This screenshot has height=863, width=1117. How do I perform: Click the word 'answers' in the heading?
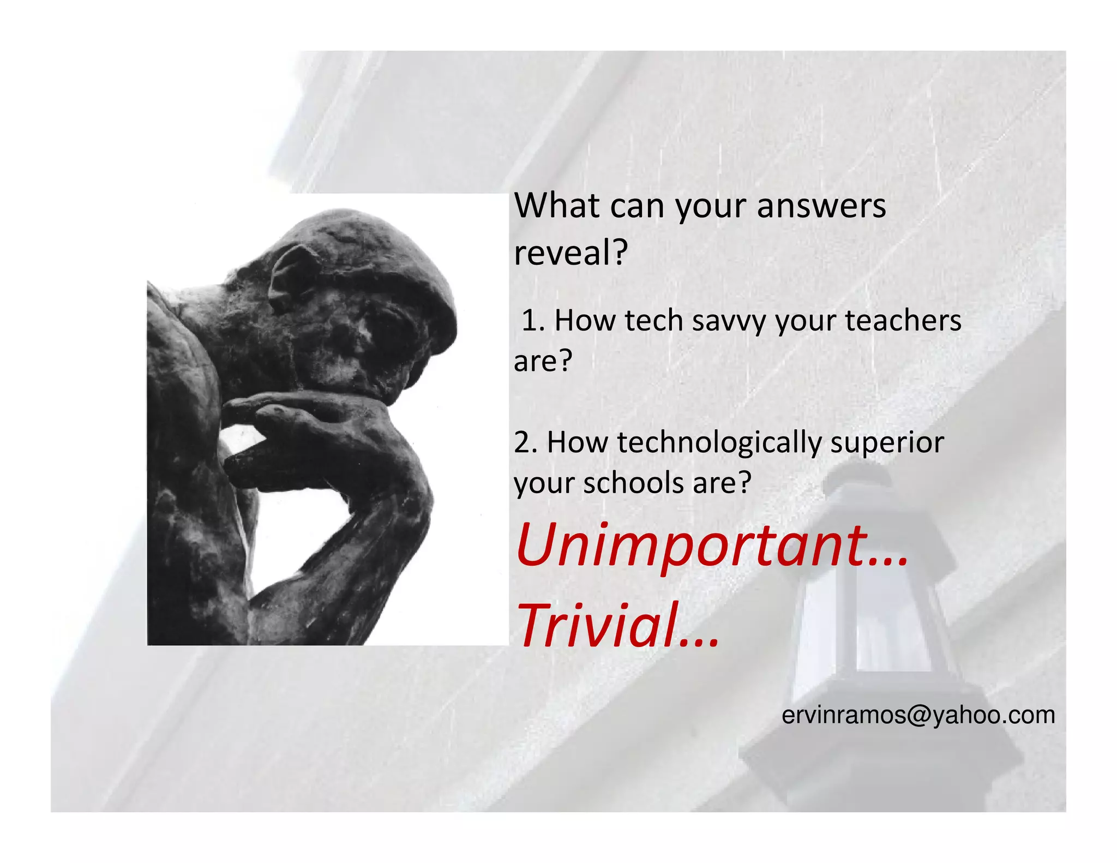point(821,206)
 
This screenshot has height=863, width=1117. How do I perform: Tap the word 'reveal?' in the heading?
point(571,253)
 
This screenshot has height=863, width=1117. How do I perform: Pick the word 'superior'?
point(887,442)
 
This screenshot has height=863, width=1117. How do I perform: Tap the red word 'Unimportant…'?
point(711,546)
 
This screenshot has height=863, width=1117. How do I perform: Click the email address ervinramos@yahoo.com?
point(918,715)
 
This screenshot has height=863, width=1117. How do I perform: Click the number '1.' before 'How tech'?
point(533,321)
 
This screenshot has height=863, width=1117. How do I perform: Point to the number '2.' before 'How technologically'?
point(526,442)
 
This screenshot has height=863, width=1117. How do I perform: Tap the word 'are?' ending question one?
point(543,361)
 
